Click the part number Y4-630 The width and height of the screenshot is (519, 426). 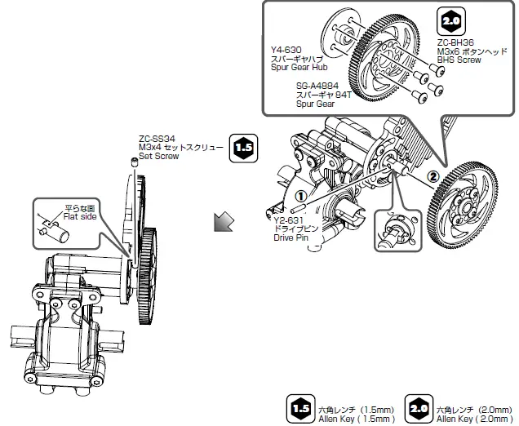click(285, 50)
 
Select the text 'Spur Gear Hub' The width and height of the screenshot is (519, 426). click(299, 69)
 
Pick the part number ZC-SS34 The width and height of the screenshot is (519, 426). click(157, 138)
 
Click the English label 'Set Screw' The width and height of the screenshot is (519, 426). click(156, 155)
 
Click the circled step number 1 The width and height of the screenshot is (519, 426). click(300, 196)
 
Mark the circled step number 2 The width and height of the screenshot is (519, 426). click(433, 175)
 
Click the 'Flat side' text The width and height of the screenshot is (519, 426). click(79, 217)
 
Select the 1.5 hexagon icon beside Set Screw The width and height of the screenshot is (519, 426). click(243, 147)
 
